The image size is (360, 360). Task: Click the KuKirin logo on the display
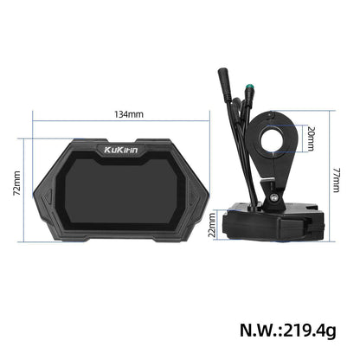119,150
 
